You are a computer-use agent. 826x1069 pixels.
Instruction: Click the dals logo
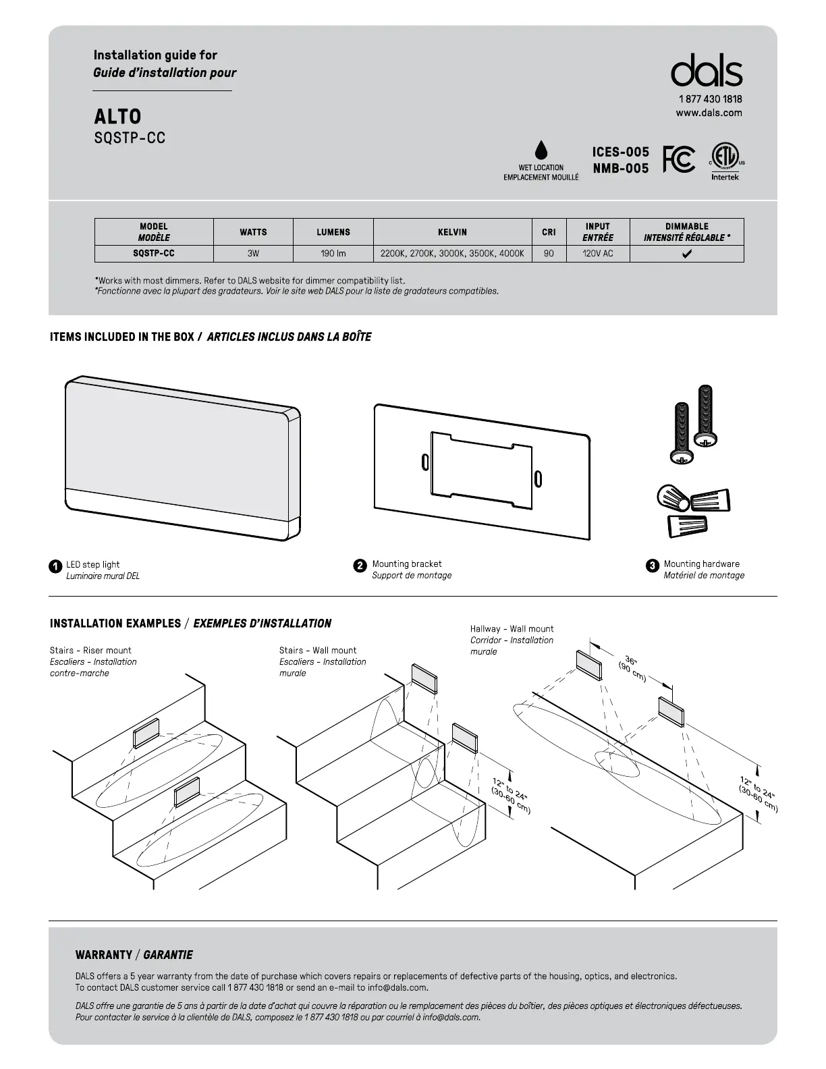tap(706, 71)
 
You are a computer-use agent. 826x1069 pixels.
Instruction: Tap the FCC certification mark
tap(679, 159)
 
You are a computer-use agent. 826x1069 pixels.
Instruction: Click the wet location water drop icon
tap(541, 151)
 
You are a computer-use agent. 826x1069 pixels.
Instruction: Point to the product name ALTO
tap(117, 117)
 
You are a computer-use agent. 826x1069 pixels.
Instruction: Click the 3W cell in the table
tap(253, 254)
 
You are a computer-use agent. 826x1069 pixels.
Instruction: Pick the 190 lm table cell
tap(333, 254)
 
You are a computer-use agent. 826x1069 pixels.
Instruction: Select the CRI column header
tap(549, 232)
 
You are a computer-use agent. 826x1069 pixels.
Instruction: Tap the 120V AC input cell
tap(597, 254)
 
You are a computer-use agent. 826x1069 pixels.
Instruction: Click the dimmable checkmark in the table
tap(686, 254)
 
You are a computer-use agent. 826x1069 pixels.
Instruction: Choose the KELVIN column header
tap(452, 232)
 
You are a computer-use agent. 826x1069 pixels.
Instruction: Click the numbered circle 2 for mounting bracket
tap(360, 566)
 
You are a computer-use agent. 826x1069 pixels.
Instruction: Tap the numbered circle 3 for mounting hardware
tap(652, 566)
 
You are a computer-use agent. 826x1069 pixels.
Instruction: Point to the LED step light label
tap(93, 564)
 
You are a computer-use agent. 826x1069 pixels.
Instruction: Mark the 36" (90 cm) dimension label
tap(633, 668)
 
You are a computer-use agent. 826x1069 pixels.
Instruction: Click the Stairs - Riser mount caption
tap(90, 651)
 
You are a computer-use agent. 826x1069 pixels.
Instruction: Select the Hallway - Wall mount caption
tap(512, 629)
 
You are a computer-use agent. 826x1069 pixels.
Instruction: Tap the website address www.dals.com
tap(709, 113)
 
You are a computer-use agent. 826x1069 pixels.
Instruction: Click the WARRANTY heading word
tap(103, 955)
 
